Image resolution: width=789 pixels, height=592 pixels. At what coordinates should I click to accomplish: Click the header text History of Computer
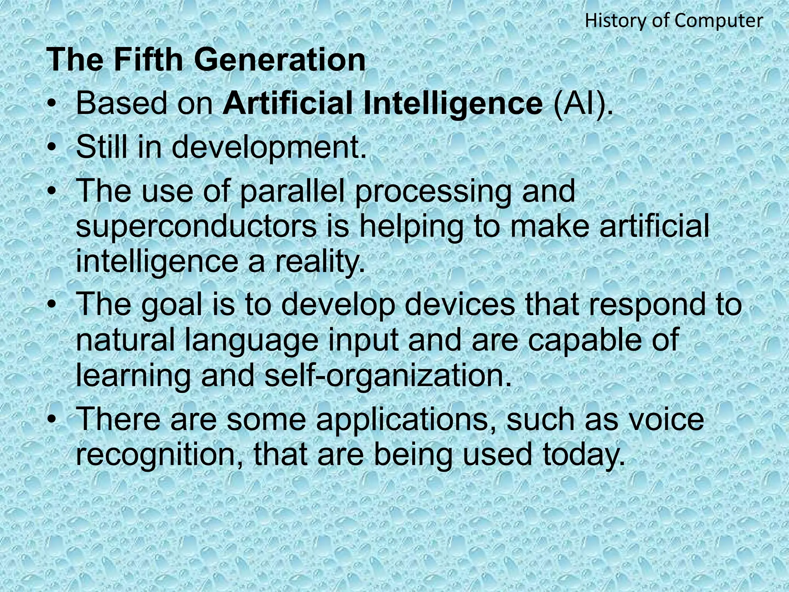point(674,21)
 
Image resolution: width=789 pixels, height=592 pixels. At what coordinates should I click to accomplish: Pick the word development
point(268,148)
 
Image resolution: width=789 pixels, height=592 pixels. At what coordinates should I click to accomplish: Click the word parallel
point(292,192)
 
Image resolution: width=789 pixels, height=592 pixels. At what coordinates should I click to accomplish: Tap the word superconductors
point(196,227)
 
